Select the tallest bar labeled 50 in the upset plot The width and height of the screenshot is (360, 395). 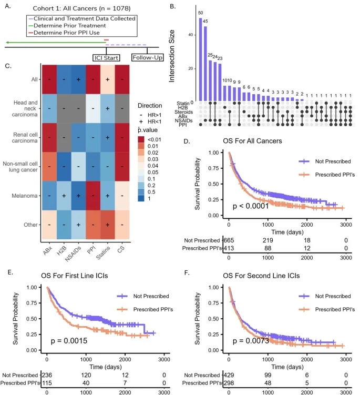click(x=200, y=60)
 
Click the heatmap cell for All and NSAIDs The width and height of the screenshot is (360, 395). click(x=78, y=79)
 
